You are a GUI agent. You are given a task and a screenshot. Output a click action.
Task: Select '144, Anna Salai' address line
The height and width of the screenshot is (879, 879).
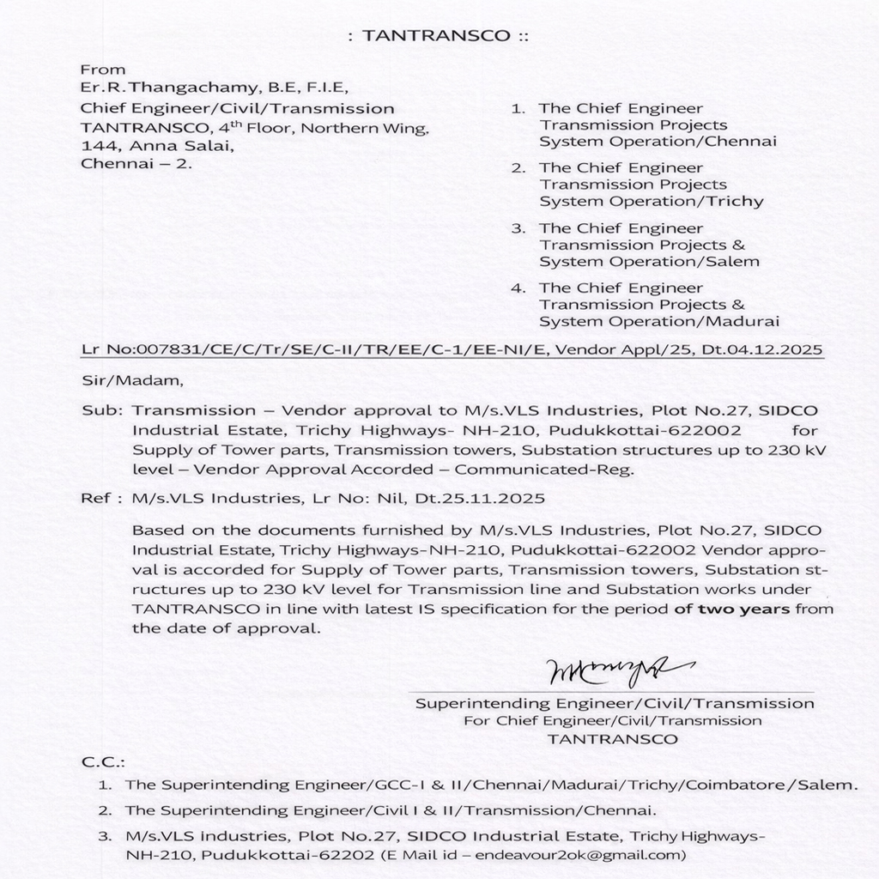(x=133, y=147)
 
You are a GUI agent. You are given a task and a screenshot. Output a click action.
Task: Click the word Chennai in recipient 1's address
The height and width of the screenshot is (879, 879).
(x=746, y=142)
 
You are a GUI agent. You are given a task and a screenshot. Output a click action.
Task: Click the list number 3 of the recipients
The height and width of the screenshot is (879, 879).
(x=518, y=228)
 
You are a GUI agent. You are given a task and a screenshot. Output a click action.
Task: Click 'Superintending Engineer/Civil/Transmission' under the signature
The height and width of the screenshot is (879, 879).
(x=615, y=704)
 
